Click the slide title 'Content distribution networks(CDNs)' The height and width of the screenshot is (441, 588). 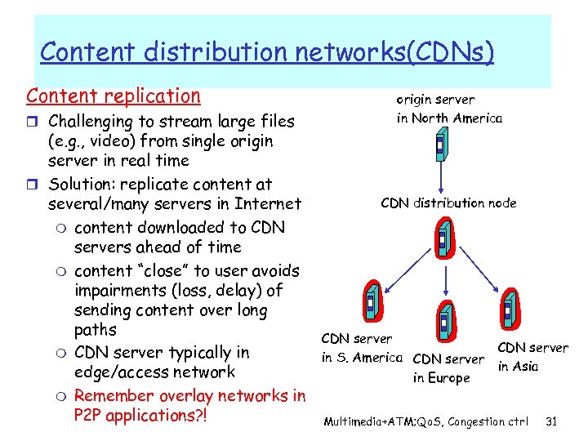tap(267, 51)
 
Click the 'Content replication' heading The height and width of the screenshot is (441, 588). tap(113, 96)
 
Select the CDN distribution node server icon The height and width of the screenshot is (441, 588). tap(443, 238)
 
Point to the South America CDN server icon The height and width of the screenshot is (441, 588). tap(371, 303)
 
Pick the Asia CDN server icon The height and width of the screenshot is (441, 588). tap(510, 307)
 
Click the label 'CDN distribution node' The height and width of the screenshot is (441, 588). tap(448, 203)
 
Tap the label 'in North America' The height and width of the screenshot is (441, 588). tap(449, 118)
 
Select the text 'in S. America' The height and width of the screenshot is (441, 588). tap(362, 357)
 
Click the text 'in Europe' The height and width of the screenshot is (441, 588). tap(441, 378)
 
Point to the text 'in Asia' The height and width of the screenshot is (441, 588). tap(518, 366)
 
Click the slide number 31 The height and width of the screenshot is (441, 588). tap(550, 421)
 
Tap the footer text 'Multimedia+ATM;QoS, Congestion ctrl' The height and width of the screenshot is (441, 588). tap(425, 422)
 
